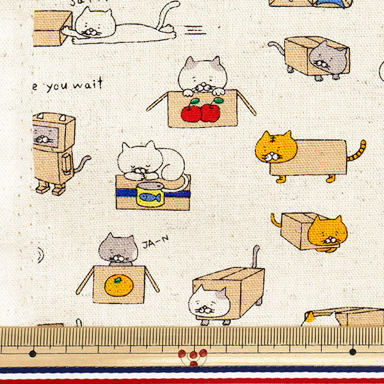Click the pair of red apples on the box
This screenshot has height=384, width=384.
coord(201,112)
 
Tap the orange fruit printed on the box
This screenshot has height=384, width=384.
coord(119,285)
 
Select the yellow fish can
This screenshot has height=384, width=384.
coord(150,195)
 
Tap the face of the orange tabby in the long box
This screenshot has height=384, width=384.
coord(276,149)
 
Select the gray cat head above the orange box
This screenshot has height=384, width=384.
coord(118,248)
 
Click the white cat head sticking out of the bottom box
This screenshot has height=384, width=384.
coord(209,301)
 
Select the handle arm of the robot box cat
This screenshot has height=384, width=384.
coord(66,167)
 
